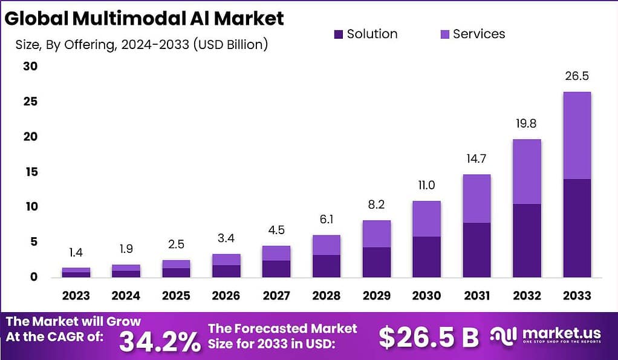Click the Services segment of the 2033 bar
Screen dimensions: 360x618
(x=576, y=135)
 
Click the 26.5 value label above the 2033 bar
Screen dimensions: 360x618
(x=576, y=76)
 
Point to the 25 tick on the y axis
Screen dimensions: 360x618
(x=30, y=102)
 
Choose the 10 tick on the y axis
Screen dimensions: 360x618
(x=30, y=207)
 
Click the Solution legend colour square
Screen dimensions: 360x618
(x=338, y=34)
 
